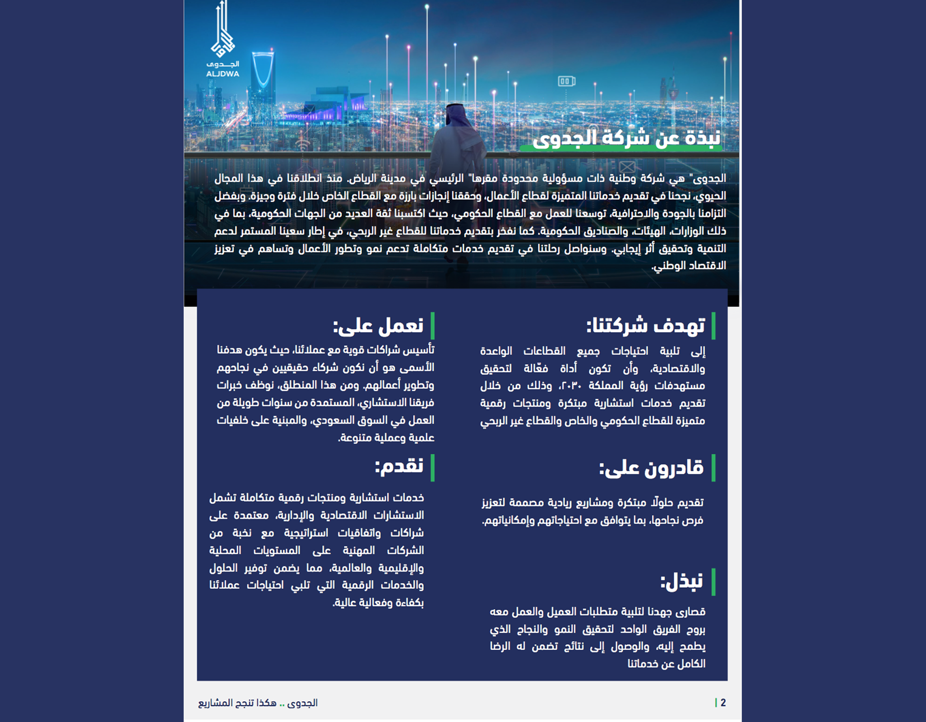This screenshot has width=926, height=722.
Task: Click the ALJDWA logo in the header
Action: (x=222, y=41)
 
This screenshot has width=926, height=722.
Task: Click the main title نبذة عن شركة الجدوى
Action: (x=626, y=138)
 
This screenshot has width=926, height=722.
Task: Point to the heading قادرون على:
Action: (x=651, y=468)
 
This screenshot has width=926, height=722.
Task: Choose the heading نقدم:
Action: (x=399, y=466)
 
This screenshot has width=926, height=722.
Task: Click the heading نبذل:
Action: (x=681, y=582)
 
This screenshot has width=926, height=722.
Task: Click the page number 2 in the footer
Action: (x=723, y=703)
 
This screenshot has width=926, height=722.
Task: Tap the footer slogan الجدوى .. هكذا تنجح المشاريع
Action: (x=258, y=703)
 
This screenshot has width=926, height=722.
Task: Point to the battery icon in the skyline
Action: (x=566, y=81)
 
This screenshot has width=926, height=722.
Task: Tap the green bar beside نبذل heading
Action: (x=713, y=582)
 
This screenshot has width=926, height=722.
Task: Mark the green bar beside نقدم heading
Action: (x=432, y=467)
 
